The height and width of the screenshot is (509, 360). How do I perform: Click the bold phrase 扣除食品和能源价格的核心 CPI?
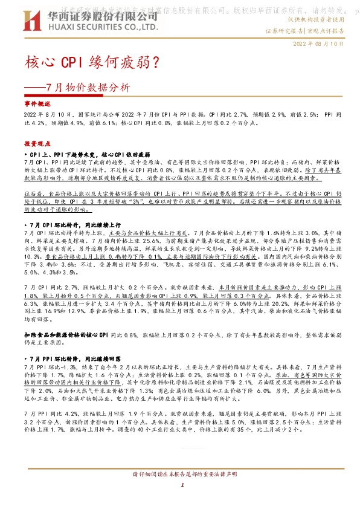click(x=65, y=335)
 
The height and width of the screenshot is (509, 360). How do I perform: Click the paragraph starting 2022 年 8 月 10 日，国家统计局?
click(x=179, y=118)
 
